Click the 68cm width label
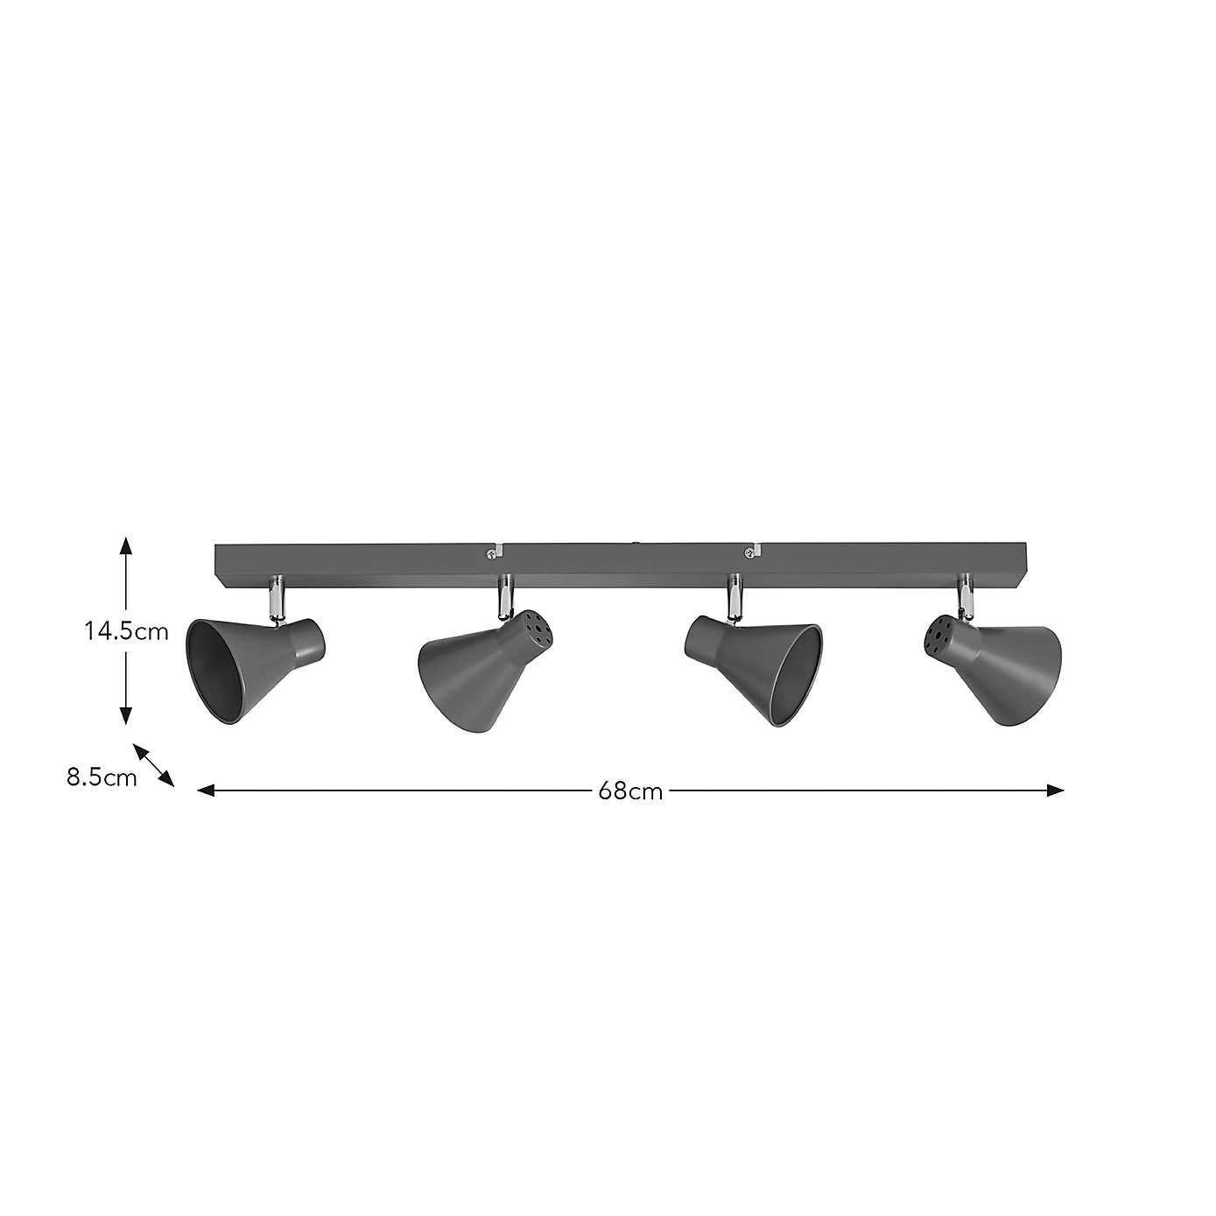coord(630,791)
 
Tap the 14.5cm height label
coord(127,631)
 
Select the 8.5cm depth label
coord(102,777)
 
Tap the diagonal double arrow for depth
coord(153,765)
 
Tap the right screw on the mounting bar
coord(749,552)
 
